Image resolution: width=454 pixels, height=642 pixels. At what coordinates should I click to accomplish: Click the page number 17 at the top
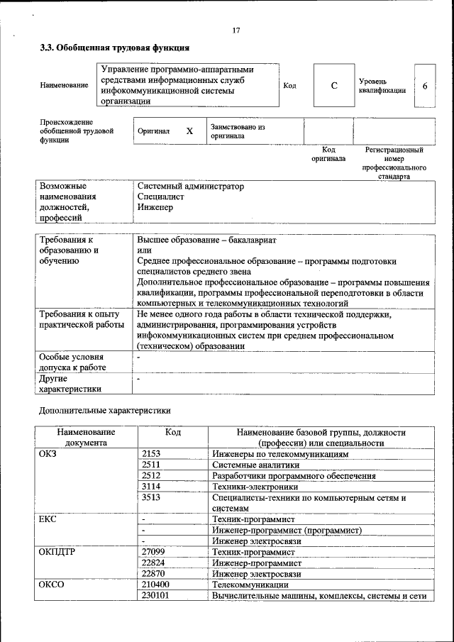[x=236, y=31]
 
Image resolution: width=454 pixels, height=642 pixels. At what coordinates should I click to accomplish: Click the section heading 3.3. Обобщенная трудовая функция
[x=114, y=48]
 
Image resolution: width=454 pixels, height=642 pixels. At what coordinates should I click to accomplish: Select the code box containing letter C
[x=333, y=86]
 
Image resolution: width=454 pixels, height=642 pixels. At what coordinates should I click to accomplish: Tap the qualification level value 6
[x=424, y=86]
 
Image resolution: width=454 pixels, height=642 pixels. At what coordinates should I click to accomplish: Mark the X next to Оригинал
[x=189, y=131]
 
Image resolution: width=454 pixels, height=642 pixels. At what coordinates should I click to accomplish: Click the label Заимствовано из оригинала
[x=237, y=131]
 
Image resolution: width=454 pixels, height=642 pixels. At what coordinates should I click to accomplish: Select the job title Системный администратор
[x=190, y=186]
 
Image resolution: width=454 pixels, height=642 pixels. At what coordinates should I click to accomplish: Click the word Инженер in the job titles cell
[x=155, y=207]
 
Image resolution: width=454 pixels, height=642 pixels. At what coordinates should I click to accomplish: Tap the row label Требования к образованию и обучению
[x=70, y=250]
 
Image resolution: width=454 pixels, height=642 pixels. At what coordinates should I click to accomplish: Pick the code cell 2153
[x=152, y=453]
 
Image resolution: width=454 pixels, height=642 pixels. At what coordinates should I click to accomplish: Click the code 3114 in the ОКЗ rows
[x=152, y=487]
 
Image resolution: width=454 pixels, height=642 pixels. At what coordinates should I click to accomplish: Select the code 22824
[x=154, y=563]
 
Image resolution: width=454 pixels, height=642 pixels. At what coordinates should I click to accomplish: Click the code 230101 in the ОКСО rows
[x=156, y=596]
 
